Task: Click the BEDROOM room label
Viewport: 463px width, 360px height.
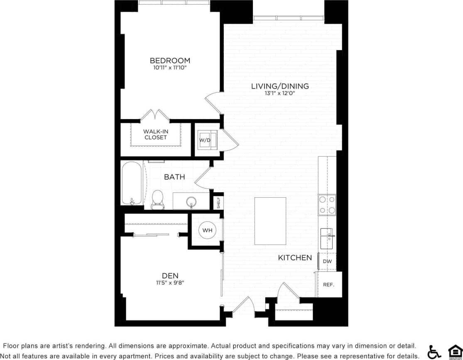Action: tap(170, 60)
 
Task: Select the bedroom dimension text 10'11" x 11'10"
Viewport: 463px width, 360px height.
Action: tap(170, 68)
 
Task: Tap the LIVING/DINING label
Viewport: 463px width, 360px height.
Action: tap(280, 86)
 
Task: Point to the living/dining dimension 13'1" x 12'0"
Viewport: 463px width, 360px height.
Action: tap(280, 93)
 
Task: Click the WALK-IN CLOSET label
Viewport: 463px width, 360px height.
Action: tap(156, 135)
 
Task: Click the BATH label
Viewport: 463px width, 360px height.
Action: tap(174, 177)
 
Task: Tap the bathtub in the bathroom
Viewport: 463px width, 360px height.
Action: tap(132, 184)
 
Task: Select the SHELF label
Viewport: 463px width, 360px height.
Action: tap(218, 203)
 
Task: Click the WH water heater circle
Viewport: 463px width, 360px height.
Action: tap(207, 230)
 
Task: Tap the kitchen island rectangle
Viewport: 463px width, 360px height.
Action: tap(270, 221)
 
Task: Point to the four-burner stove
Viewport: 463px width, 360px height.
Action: tap(327, 205)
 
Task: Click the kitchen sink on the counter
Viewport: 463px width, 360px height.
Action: tap(327, 238)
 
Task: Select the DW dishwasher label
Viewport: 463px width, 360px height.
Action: tap(327, 261)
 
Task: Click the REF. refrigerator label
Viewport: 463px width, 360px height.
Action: tap(329, 285)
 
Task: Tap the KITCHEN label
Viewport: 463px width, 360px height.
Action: tap(295, 258)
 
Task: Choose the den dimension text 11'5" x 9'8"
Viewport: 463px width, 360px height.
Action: tap(170, 283)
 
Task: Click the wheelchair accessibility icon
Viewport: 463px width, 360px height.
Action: tap(434, 351)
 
